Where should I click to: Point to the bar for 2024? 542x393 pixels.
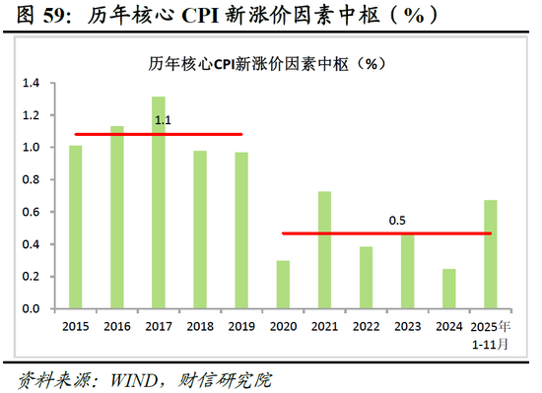[x=448, y=288]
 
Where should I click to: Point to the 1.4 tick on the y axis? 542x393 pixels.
[x=30, y=84]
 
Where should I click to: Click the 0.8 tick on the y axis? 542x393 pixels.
[x=30, y=180]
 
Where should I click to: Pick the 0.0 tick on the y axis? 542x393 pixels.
[x=30, y=308]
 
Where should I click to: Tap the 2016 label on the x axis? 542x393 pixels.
[x=117, y=325]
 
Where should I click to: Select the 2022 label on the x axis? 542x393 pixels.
[x=366, y=325]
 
